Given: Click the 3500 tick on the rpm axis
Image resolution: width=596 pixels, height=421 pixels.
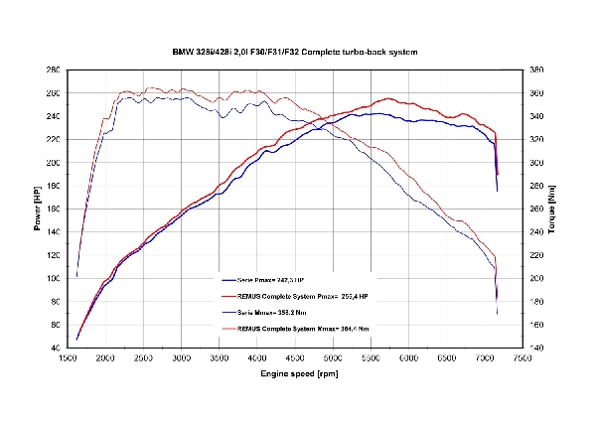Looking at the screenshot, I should [x=220, y=358].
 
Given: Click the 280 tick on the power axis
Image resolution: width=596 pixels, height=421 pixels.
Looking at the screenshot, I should [x=53, y=70].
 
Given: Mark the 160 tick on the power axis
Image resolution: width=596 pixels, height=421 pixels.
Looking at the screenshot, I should [x=53, y=210].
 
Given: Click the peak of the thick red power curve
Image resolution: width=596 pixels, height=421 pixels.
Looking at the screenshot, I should [x=387, y=99].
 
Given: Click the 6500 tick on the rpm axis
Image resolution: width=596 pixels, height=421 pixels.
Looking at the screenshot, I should [x=447, y=358].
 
